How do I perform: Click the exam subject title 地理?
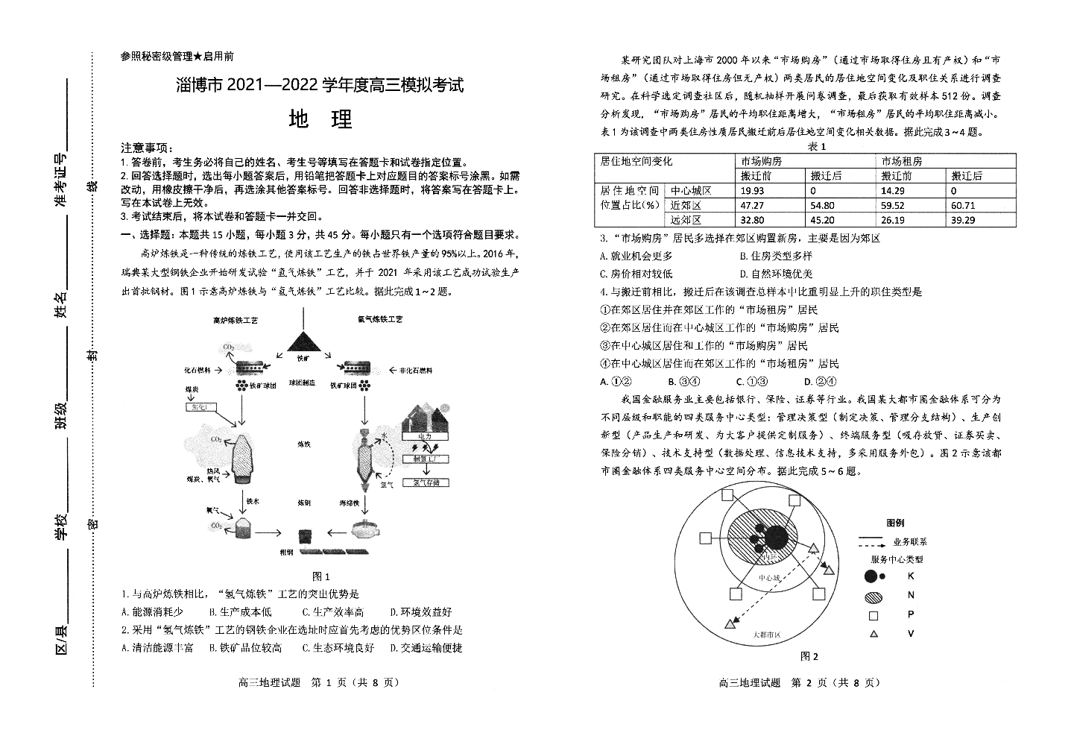tap(320, 119)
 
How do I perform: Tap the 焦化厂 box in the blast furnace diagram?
tap(200, 406)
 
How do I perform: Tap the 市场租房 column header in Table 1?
tap(901, 161)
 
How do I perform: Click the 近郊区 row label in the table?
tap(686, 205)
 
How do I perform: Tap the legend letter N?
tap(910, 595)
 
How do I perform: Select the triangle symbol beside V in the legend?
tap(873, 634)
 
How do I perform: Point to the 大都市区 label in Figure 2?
tap(766, 634)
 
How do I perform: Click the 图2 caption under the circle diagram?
tap(809, 656)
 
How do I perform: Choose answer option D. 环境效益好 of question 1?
tap(421, 613)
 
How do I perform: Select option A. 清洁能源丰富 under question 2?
tap(157, 648)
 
